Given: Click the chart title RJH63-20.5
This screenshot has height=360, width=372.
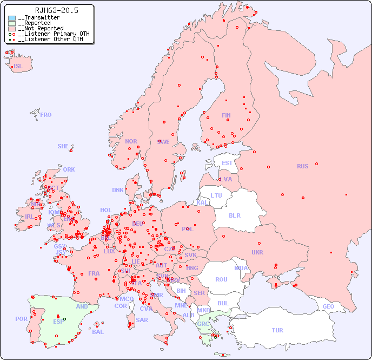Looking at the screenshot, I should pos(56,10).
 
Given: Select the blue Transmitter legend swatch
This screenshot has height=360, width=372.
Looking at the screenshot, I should pos(12,18).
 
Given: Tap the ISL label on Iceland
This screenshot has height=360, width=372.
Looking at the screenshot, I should pos(18,67).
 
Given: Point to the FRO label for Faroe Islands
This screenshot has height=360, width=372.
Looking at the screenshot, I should pos(46,115).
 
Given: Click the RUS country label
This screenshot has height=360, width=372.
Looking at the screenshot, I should pos(302,166).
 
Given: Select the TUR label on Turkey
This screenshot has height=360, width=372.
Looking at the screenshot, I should pos(277,330).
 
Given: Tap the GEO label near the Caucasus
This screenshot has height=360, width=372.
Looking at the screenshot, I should pos(328,307).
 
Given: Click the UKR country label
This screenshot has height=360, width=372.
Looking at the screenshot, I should pos(257,252).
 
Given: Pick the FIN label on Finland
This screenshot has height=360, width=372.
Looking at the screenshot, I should pos(226,115).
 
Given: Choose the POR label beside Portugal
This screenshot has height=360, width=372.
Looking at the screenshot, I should pos(21,319).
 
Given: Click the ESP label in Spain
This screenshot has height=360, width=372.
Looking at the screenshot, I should pos(58,321).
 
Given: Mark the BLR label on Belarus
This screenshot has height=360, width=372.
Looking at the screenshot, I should pos(234,215).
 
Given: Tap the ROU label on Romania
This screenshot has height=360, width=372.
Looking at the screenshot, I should pos(221,279).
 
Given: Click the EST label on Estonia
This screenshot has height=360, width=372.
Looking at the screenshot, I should pos(227,163).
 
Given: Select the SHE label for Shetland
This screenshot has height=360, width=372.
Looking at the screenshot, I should pos(63,146).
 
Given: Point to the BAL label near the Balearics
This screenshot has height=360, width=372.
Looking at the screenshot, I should pos(98,332).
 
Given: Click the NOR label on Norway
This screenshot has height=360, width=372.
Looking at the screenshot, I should pos(131,141).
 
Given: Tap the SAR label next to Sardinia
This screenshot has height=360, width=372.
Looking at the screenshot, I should pos(142,320).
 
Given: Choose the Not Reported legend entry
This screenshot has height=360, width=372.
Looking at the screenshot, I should pos(41,28).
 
